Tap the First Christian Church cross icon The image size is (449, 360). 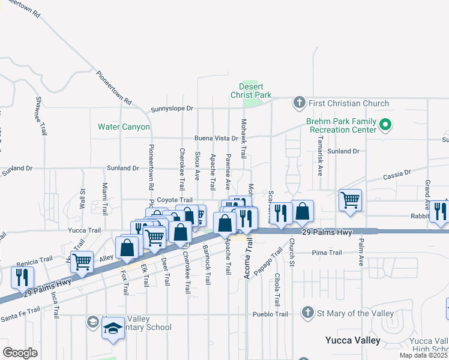(x=300, y=103)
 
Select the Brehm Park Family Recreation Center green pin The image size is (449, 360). (x=385, y=125)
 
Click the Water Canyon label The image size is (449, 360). (x=124, y=127)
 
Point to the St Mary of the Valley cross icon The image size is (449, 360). (x=307, y=313)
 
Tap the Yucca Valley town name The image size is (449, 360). (x=353, y=340)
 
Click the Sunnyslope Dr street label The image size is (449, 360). (x=172, y=109)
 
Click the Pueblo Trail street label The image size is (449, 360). (x=270, y=314)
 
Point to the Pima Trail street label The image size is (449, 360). (x=327, y=253)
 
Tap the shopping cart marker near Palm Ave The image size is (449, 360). (x=350, y=200)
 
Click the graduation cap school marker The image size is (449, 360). (x=112, y=328)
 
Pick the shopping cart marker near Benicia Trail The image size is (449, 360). (x=81, y=261)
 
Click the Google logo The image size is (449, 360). (x=20, y=353)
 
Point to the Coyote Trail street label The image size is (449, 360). (x=176, y=200)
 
